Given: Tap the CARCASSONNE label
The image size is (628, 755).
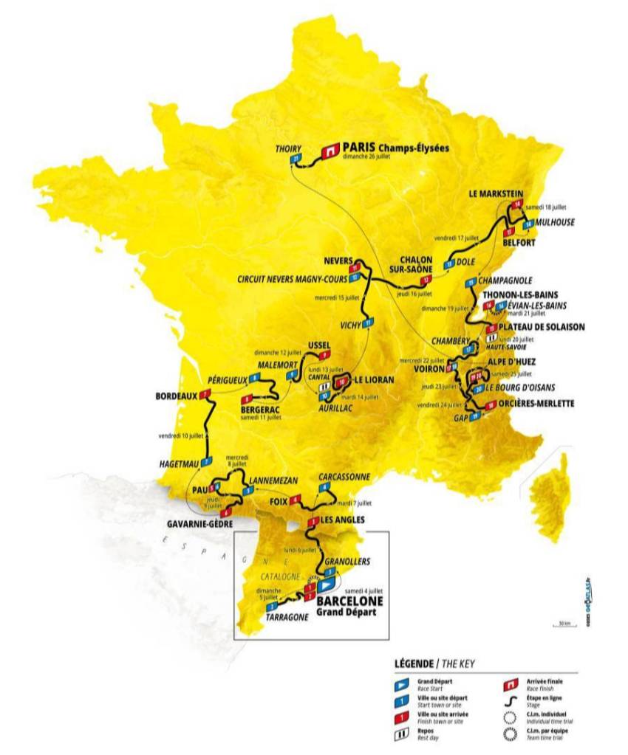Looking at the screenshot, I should (343, 477).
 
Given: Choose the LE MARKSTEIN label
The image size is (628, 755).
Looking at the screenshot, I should (492, 193).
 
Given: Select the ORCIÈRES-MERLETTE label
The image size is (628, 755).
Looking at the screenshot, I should (537, 403).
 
